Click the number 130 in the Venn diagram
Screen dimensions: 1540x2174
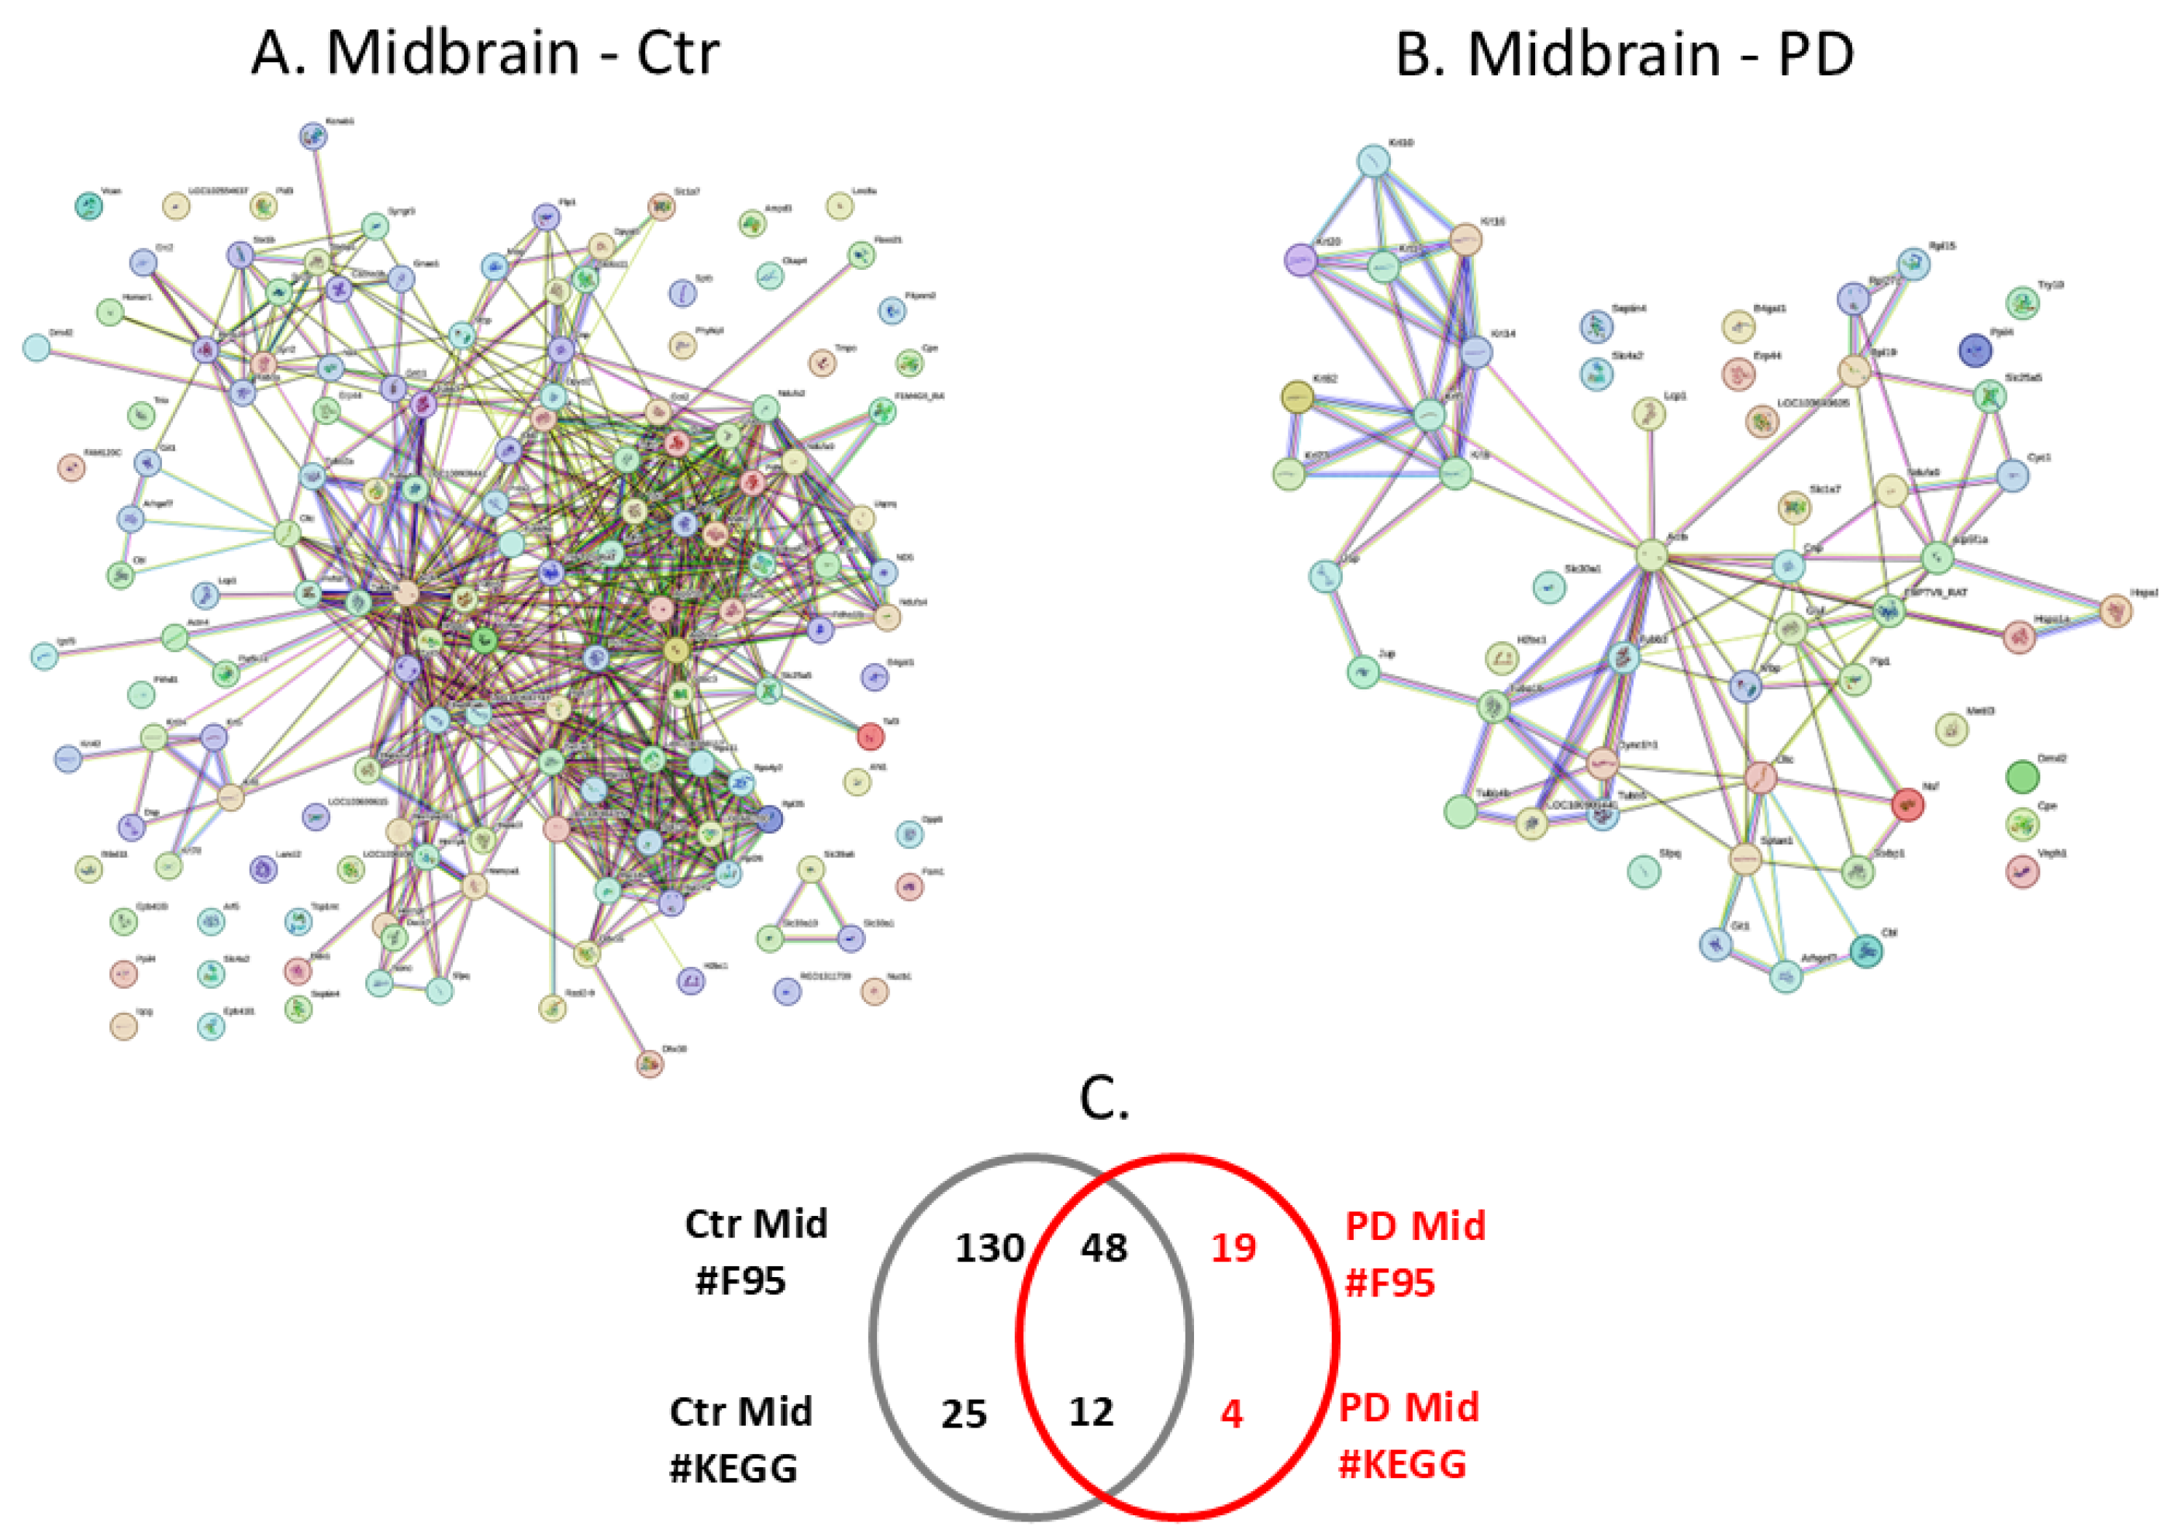click(989, 1248)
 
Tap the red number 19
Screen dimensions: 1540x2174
click(1234, 1248)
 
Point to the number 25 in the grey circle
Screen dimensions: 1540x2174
click(964, 1414)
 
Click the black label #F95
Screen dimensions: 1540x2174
click(740, 1281)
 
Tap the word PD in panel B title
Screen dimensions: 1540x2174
click(1816, 54)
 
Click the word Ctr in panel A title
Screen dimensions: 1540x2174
click(677, 54)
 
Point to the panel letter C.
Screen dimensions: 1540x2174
click(1103, 1100)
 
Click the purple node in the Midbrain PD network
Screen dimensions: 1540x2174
click(1301, 259)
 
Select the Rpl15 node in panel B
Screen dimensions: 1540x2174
click(1913, 264)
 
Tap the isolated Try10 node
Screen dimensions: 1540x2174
click(2022, 303)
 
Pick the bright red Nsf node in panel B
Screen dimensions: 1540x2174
click(1907, 804)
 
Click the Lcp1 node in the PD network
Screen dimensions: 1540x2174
click(1650, 413)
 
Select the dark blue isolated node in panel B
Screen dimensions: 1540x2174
click(1976, 350)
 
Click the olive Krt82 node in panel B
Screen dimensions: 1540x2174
click(1297, 396)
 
